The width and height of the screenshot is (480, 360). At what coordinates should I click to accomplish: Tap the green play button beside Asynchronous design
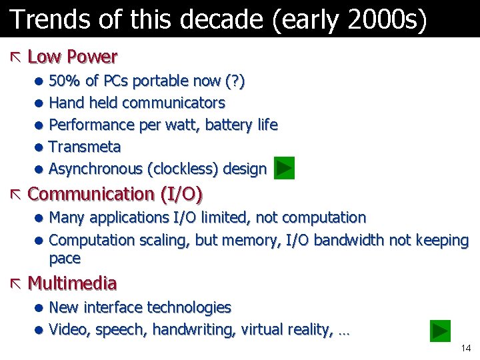coord(284,169)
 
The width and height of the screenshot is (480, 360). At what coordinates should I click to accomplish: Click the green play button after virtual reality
coord(440,331)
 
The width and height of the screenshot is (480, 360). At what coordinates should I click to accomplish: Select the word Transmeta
coord(85,147)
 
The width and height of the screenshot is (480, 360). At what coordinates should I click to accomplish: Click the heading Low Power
coord(73,57)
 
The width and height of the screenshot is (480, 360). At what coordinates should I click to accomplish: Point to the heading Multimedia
coord(73,284)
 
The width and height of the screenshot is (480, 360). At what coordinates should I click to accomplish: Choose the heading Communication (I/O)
coord(115,195)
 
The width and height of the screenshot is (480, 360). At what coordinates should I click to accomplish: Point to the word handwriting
coord(194,329)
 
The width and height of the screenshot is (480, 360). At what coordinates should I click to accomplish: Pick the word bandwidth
coord(345,240)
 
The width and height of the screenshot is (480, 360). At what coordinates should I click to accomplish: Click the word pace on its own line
coord(65,259)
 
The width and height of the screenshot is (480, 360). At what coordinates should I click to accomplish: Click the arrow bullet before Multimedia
coord(16,284)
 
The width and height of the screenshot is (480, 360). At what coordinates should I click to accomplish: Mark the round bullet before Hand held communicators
coord(39,104)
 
